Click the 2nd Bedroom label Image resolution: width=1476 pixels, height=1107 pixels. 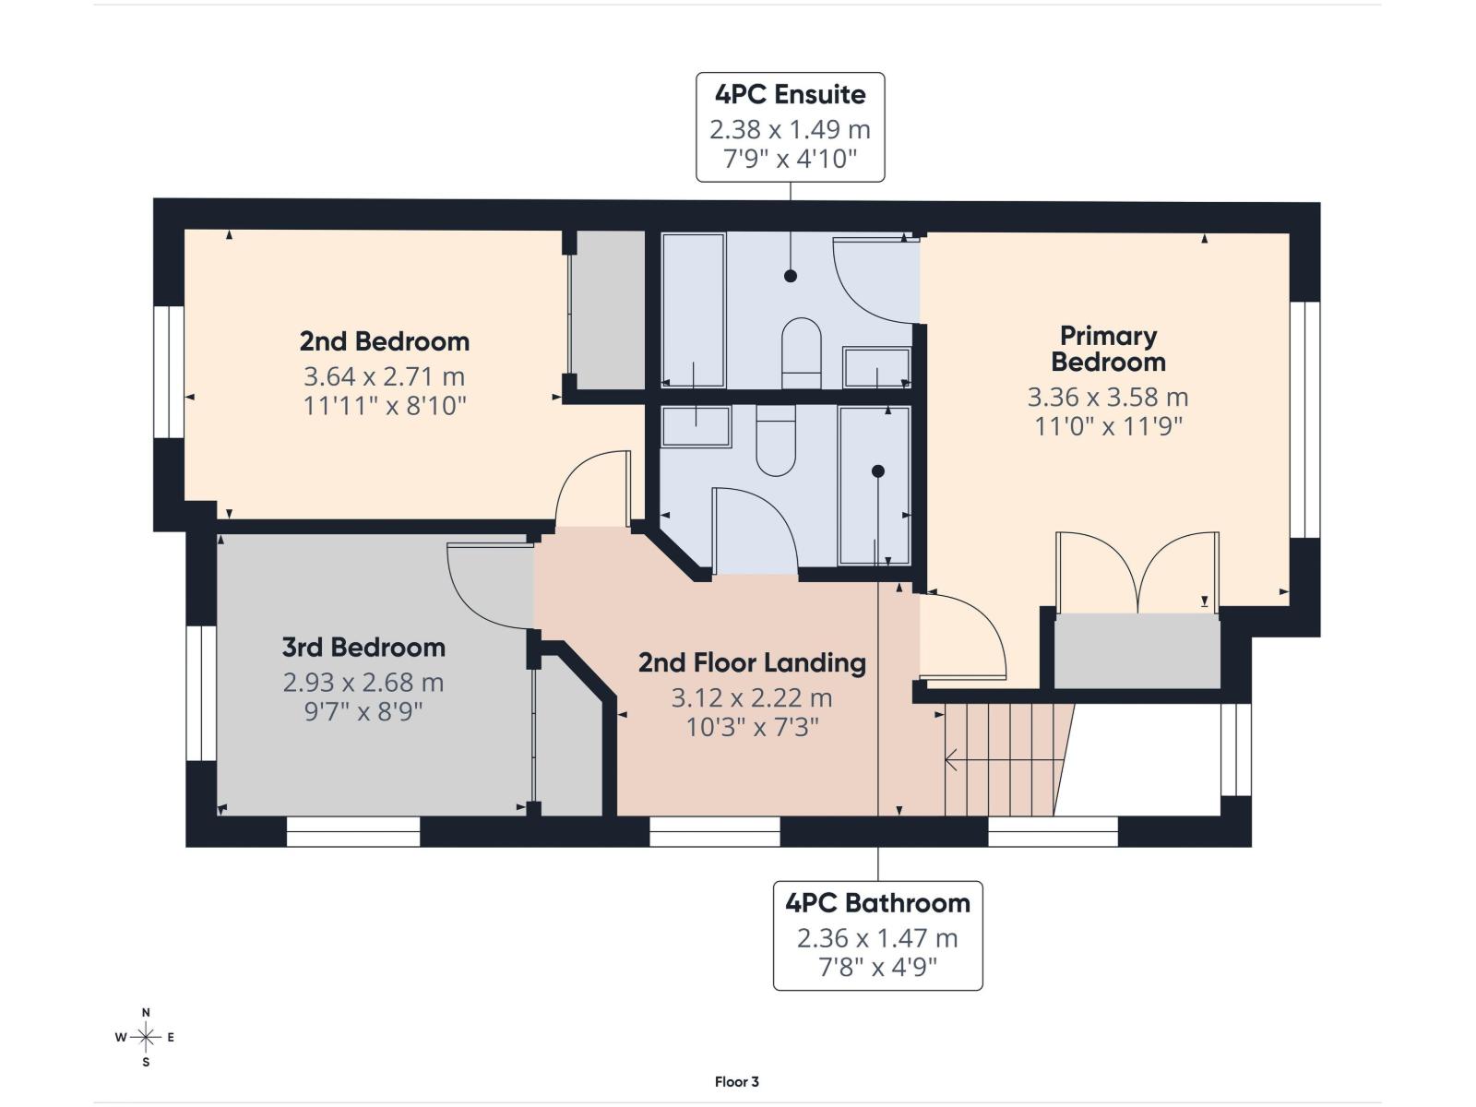[384, 341]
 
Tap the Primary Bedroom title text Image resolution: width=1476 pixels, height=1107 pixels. [1108, 349]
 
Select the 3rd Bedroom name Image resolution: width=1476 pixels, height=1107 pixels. [363, 648]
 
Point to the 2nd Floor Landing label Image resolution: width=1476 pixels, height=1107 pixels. [752, 662]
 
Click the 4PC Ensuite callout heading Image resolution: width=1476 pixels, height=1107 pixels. [790, 95]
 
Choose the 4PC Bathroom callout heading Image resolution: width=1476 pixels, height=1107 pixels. [877, 903]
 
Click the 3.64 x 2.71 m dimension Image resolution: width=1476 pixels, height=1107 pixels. [384, 376]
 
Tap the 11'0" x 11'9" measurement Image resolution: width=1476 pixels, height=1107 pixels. [1108, 426]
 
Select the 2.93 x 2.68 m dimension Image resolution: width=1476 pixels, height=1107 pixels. [363, 683]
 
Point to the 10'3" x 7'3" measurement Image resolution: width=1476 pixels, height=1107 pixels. [752, 727]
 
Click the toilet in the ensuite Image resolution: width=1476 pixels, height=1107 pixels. [802, 353]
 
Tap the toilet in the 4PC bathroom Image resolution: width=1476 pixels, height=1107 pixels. [776, 440]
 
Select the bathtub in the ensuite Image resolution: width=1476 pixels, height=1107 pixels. [694, 310]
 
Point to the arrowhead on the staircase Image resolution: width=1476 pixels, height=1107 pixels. [951, 760]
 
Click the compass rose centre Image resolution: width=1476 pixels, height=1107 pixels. [146, 1037]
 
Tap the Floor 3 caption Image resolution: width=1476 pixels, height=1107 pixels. [737, 1081]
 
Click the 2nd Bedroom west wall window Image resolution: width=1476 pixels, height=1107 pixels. [169, 373]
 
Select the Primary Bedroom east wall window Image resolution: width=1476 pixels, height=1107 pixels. [1305, 420]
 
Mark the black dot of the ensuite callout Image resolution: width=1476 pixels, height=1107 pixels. [790, 276]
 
